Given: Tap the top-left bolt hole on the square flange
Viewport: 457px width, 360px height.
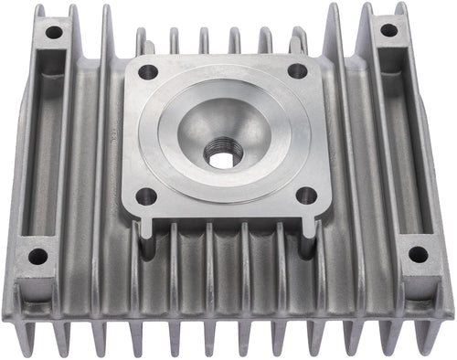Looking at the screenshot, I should (x=148, y=71).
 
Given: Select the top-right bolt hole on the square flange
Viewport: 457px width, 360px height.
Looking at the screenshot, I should (x=297, y=70).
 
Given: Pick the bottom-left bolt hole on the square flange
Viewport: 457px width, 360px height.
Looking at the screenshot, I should (x=144, y=196).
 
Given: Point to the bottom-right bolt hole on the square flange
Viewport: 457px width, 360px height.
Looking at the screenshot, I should (x=306, y=195).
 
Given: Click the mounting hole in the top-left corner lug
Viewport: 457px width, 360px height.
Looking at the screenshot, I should (x=54, y=32).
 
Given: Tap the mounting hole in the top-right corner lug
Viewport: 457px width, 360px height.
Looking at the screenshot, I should (x=389, y=30).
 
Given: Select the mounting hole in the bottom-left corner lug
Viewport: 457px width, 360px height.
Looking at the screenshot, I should (x=37, y=256).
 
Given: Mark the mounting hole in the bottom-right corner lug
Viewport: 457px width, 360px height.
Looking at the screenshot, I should (x=418, y=255).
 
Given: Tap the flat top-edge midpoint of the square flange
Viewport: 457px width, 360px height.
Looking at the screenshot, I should (x=222, y=58).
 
